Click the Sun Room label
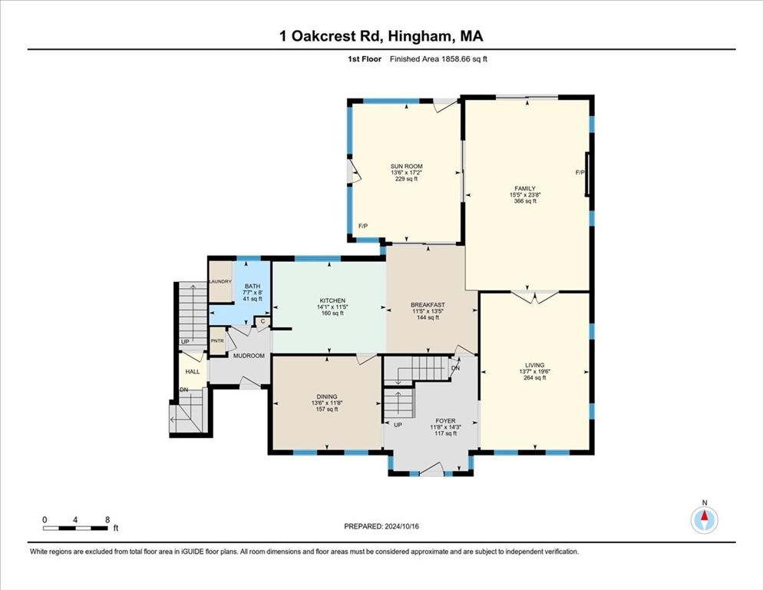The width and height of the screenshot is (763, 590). (406, 167)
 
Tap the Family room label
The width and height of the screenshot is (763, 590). (525, 188)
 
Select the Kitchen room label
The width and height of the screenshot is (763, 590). (332, 300)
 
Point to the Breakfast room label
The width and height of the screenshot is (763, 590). (428, 305)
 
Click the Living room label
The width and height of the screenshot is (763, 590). (534, 366)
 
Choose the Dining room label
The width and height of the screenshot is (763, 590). (326, 396)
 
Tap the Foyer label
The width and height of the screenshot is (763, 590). (444, 421)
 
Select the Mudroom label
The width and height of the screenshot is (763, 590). (249, 356)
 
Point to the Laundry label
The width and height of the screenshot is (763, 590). (220, 281)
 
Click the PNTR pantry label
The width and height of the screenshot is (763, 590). (218, 340)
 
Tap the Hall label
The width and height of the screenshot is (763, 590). (192, 372)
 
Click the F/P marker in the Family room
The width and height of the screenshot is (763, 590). (580, 173)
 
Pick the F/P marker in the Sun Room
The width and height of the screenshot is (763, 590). (363, 226)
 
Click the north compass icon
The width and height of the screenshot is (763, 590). (704, 520)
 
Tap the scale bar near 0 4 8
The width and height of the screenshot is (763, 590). (75, 528)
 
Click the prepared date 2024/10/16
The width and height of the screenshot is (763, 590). (388, 525)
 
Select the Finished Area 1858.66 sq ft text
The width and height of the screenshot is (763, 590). (438, 58)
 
